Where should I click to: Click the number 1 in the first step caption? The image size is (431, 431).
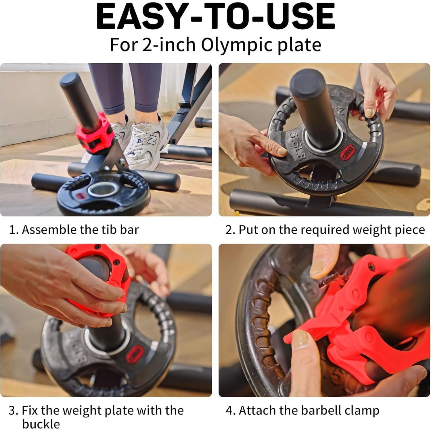tap(12, 230)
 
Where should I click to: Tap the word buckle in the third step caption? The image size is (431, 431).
tap(41, 424)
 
